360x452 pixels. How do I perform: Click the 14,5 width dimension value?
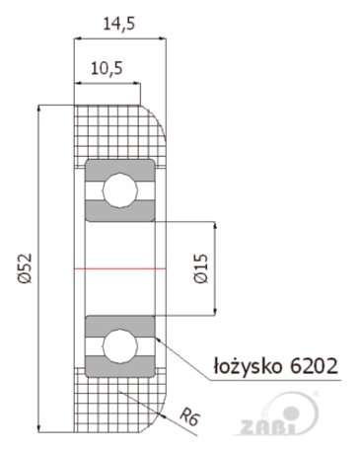(x=119, y=24)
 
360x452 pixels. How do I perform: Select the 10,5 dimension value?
(x=107, y=69)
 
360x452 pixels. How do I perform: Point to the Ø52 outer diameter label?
(x=26, y=268)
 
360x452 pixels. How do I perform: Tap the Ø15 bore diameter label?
(x=201, y=268)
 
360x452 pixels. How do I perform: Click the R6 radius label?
(x=190, y=416)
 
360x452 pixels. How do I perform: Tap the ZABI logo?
(x=279, y=414)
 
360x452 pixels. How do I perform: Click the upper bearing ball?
(x=120, y=190)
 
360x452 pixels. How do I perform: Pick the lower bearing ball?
(x=120, y=346)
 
